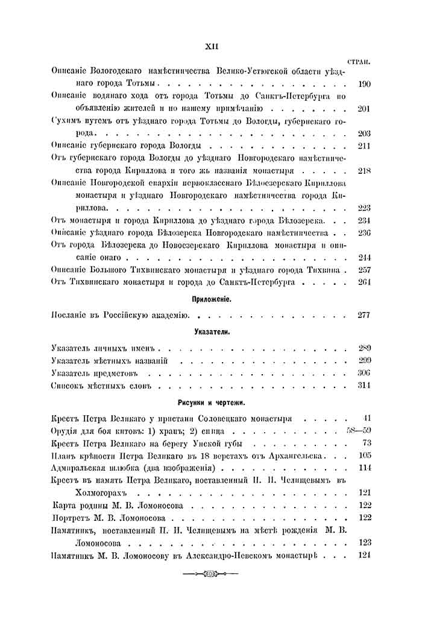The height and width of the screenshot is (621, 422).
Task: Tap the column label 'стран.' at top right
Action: (359, 62)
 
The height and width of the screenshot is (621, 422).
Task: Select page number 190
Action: (364, 84)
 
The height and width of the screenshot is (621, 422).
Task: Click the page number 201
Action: (364, 109)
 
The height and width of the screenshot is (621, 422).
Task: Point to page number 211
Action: (364, 147)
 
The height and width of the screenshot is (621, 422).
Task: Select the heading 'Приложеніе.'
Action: (210, 299)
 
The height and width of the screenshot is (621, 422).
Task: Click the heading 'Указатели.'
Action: (210, 332)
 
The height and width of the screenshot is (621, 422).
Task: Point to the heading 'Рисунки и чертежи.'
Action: (210, 403)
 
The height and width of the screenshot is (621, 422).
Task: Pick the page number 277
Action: (364, 314)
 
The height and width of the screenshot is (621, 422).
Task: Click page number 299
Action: (364, 360)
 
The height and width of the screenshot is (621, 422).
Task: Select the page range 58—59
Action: (357, 431)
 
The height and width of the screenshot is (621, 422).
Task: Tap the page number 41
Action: (366, 418)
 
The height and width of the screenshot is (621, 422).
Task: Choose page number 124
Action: (364, 555)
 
